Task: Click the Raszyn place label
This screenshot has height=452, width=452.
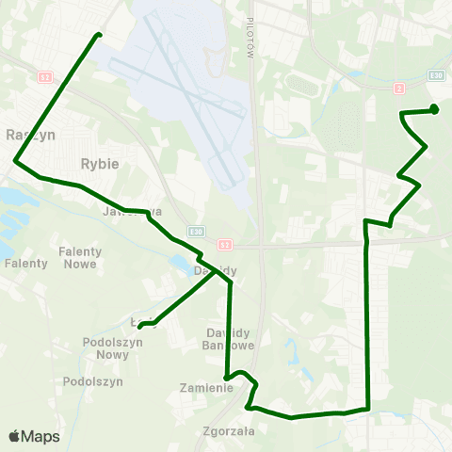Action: (x=30, y=135)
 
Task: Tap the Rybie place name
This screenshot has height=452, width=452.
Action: (x=100, y=163)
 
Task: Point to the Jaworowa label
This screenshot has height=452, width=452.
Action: (x=132, y=212)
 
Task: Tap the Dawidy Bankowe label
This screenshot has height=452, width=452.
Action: (x=226, y=340)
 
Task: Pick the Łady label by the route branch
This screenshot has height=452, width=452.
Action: (x=137, y=322)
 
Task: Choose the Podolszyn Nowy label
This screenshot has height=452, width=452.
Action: (x=105, y=348)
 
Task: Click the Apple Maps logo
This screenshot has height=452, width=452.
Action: (x=34, y=437)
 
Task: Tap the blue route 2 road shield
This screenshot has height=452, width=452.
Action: (x=399, y=89)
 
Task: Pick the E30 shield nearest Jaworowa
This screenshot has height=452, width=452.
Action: (x=193, y=231)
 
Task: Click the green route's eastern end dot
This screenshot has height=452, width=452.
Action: (x=434, y=108)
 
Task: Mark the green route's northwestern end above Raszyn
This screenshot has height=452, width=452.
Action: (x=98, y=36)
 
